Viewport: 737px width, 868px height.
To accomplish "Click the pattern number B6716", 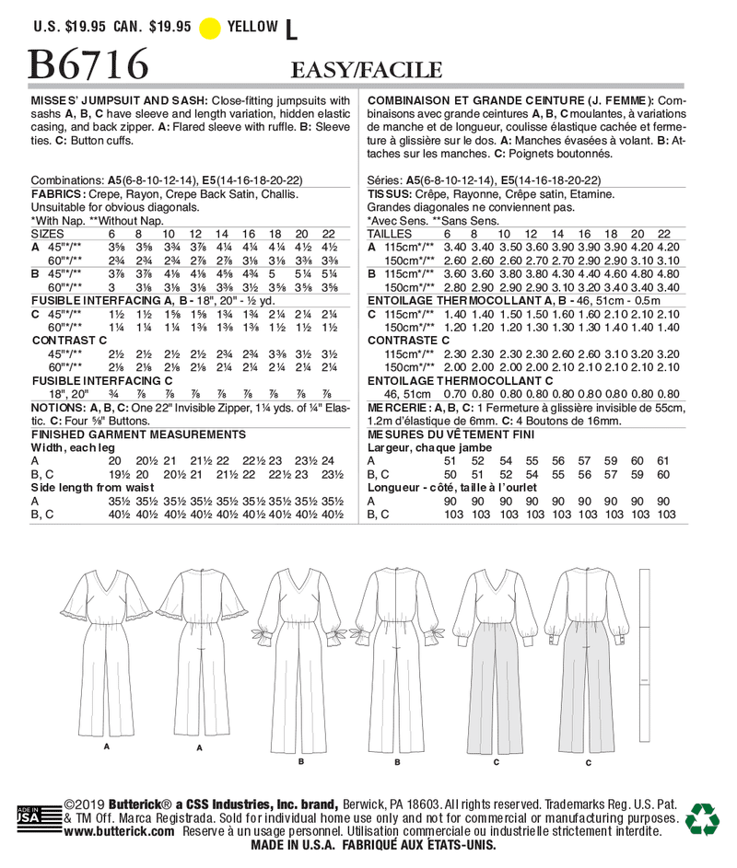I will pos(89,64).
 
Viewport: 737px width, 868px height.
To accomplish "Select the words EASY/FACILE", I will pos(367,71).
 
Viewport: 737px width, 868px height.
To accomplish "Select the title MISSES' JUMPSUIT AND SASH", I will pos(117,99).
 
